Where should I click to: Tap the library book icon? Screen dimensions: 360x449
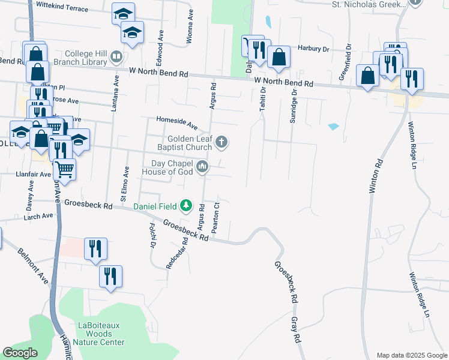coord(116,58)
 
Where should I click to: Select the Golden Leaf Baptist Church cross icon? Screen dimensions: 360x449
coord(221,142)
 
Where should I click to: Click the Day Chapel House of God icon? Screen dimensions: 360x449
coord(202,167)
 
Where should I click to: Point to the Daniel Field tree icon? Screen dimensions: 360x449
coord(186,206)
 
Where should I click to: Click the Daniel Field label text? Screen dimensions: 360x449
coord(155,206)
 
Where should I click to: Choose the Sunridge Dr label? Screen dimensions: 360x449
coord(294,106)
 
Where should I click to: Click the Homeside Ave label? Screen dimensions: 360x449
coord(177,123)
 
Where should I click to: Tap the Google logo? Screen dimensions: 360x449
coord(20,352)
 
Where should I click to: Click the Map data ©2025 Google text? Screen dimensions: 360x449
coord(411,355)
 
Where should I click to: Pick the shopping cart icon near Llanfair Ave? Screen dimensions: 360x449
coord(64,169)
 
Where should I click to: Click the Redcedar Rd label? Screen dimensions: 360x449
coord(177,252)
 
